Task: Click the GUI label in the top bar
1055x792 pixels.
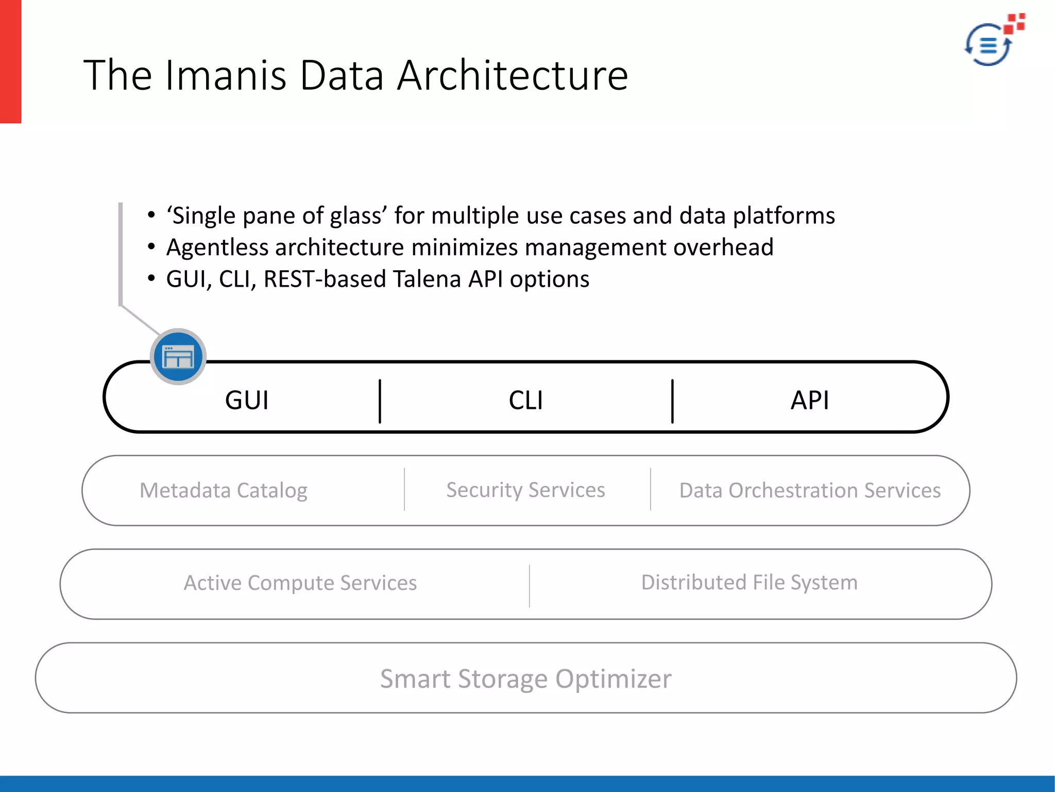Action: coord(247,400)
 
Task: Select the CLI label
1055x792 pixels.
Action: coord(525,400)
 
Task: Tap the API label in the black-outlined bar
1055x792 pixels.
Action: coord(810,400)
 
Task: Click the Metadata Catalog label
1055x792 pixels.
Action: coord(224,490)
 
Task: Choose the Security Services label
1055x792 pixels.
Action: coord(525,490)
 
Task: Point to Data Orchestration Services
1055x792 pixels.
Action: coord(810,490)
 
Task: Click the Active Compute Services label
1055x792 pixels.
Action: coord(300,583)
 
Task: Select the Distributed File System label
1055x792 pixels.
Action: coord(749,583)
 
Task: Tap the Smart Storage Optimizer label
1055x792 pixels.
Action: coord(525,679)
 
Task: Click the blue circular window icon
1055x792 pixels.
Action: coord(178,357)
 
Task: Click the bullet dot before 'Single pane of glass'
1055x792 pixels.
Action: coord(151,215)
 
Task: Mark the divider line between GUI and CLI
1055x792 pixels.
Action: coord(380,401)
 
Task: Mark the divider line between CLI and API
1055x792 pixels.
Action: coord(672,401)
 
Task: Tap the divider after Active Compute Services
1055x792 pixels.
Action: coord(529,586)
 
